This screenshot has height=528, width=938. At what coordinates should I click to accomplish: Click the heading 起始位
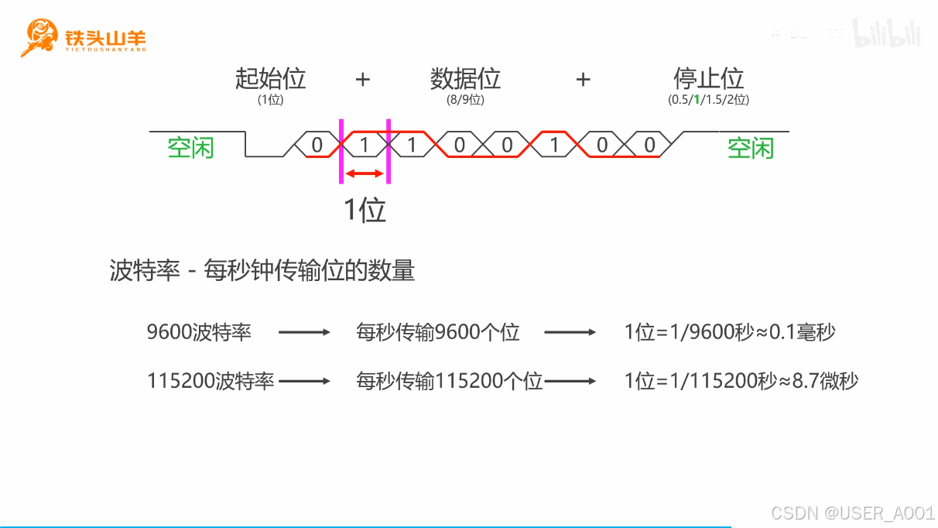point(271,78)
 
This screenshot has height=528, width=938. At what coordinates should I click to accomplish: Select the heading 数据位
point(465,78)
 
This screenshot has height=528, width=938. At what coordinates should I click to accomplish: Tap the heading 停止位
point(708,78)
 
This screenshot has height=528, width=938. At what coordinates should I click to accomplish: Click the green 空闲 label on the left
point(190,147)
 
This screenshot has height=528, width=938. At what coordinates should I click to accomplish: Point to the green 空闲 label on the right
point(750,147)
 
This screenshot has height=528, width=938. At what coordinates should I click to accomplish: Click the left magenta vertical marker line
point(341,151)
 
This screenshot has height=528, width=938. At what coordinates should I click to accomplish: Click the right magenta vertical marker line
point(388,151)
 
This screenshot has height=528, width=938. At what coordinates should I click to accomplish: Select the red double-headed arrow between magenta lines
point(364,174)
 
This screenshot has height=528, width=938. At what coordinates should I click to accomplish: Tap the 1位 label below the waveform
point(365,209)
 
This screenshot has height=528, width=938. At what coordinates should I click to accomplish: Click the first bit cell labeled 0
point(317,145)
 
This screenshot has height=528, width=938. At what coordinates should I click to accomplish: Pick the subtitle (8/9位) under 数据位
point(465,100)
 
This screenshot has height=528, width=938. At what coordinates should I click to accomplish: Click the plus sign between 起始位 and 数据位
point(362,79)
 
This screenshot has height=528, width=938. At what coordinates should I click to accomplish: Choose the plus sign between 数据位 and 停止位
point(583,79)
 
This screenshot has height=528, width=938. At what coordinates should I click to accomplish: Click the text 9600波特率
point(199,333)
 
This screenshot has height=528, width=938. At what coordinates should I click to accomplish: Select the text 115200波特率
point(211,381)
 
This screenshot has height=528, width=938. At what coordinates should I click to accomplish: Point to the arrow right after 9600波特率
point(304,333)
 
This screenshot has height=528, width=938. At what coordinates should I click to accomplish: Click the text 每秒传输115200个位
point(449,381)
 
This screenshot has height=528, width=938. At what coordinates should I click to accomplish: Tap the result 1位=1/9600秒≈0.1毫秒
point(730,333)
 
